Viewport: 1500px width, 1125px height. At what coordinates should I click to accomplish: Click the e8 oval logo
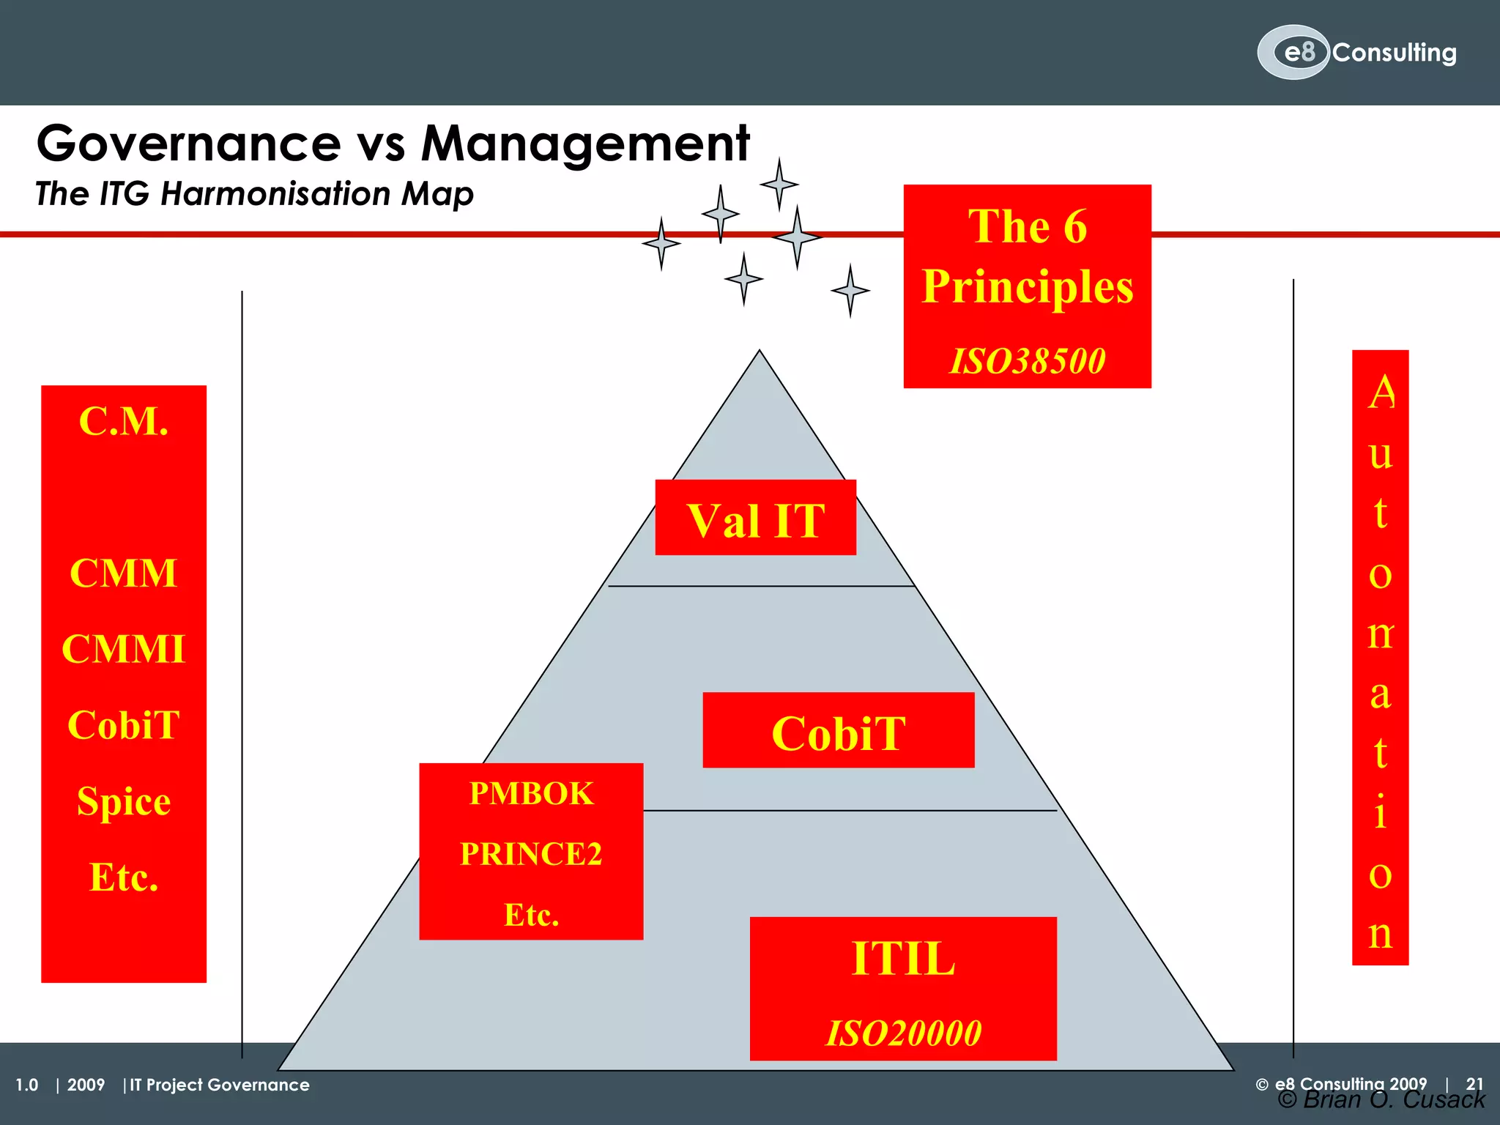point(1293,52)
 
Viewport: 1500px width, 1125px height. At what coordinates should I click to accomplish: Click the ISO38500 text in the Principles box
point(1027,361)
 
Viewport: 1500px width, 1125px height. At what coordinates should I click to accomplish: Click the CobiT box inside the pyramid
point(838,731)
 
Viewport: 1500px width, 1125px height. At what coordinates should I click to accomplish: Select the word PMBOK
point(531,794)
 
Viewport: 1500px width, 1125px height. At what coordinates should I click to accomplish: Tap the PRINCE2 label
point(531,854)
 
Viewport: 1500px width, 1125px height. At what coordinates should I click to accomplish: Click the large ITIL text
point(903,958)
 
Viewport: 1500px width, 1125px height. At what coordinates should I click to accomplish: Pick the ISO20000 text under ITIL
point(903,1033)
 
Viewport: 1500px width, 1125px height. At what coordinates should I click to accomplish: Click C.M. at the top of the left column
point(124,421)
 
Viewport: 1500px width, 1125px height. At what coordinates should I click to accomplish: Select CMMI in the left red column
point(124,649)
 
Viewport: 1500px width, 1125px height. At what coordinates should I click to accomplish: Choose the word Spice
point(124,801)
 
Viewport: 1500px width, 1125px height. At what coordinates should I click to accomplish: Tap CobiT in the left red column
point(124,725)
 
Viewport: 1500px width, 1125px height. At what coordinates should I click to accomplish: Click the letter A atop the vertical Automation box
point(1381,393)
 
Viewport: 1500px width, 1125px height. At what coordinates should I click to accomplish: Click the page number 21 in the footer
point(1474,1083)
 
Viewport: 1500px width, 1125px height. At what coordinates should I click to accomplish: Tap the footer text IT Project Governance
point(220,1085)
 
